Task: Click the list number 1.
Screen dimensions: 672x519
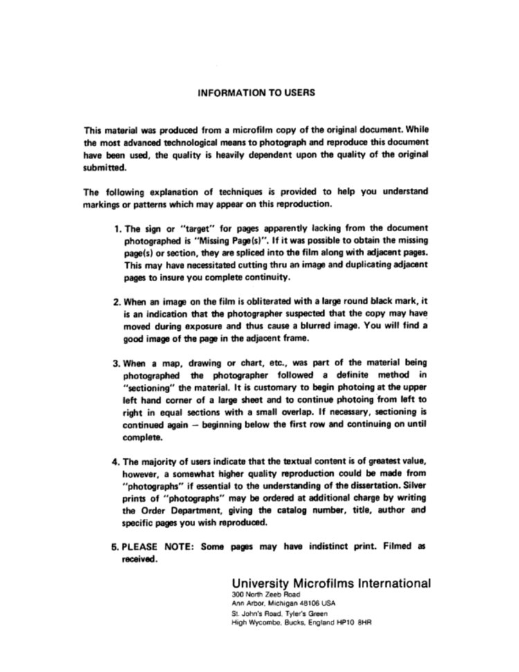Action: pos(116,228)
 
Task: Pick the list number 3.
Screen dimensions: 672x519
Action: pos(116,363)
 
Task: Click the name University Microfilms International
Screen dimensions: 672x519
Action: pos(331,583)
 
